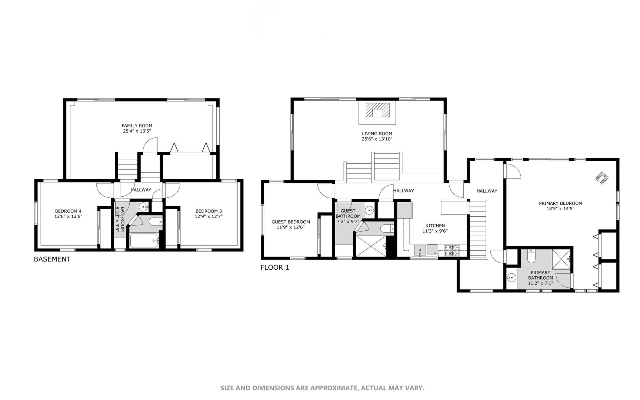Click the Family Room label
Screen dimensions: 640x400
coord(137,126)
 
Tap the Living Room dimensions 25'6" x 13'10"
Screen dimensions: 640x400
coord(377,139)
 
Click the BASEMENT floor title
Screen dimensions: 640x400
coord(52,259)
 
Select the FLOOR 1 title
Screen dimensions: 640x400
coord(275,267)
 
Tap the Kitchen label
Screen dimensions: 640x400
coord(435,226)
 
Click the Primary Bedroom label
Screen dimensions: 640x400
coord(560,203)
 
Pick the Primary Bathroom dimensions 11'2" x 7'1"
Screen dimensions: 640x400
coord(540,283)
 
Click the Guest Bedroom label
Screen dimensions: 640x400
coord(291,222)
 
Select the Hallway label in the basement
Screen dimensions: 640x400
coord(141,190)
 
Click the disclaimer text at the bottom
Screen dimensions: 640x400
coord(322,388)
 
